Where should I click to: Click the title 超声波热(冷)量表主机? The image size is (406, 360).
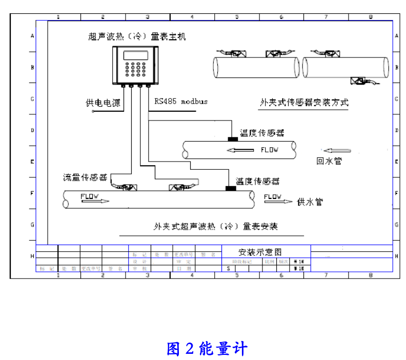pyautogui.click(x=137, y=36)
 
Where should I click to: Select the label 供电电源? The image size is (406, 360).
pyautogui.click(x=103, y=103)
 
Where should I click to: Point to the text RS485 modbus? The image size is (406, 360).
pyautogui.click(x=181, y=101)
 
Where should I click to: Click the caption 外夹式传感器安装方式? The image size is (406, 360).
pyautogui.click(x=304, y=102)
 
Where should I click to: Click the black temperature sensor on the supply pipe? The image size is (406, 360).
pyautogui.click(x=231, y=188)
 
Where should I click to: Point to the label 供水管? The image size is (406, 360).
pyautogui.click(x=310, y=202)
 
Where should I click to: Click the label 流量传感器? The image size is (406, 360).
pyautogui.click(x=85, y=177)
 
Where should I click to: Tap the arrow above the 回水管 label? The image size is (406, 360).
pyautogui.click(x=337, y=151)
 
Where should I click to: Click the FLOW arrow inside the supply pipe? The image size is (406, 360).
pyautogui.click(x=95, y=198)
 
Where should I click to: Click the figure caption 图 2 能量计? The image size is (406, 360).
pyautogui.click(x=207, y=349)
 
